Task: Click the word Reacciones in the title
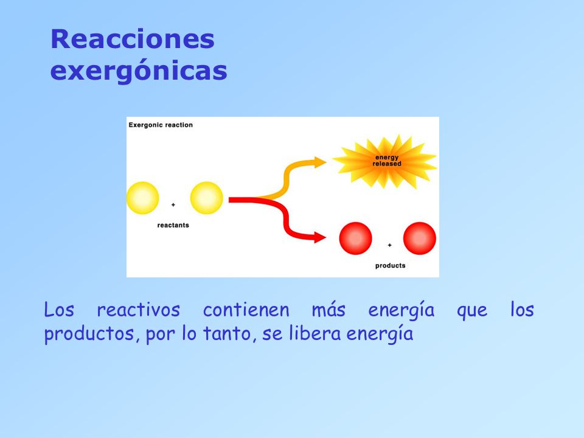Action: [133, 40]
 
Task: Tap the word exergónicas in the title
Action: [139, 71]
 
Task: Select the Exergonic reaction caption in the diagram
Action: [161, 125]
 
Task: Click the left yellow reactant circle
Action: [142, 198]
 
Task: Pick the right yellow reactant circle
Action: [207, 198]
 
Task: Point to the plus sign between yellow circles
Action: [173, 205]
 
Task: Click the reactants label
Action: [173, 225]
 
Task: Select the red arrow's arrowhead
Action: [320, 237]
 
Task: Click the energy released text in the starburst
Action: [387, 161]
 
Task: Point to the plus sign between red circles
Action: [389, 245]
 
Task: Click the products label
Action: [390, 266]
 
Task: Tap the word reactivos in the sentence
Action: [139, 310]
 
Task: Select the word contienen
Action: [246, 310]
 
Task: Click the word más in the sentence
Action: [328, 310]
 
